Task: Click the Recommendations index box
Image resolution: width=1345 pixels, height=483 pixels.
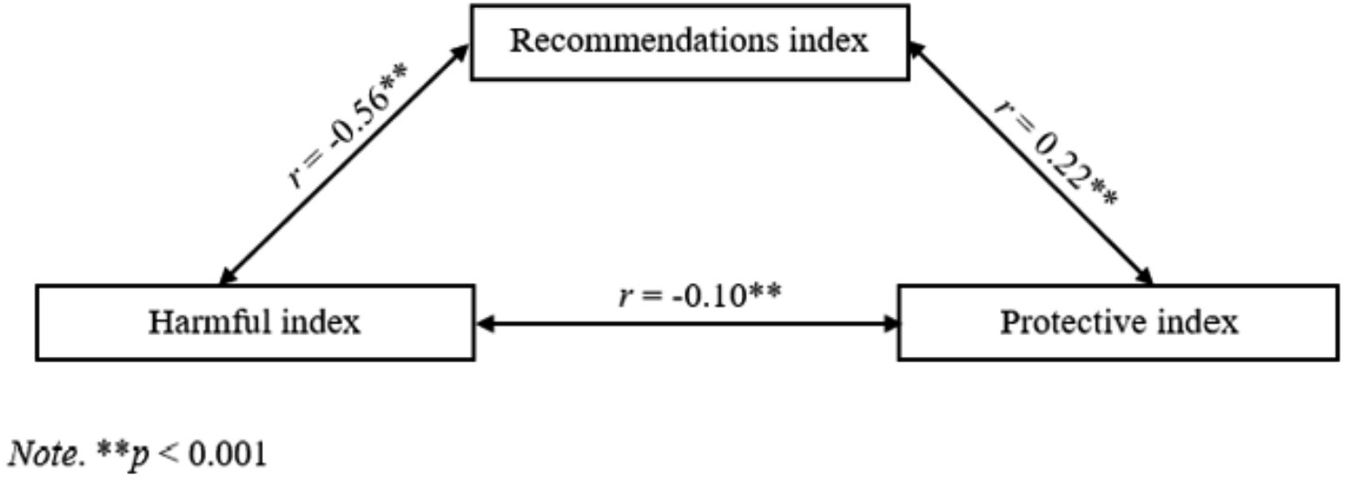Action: pos(690,42)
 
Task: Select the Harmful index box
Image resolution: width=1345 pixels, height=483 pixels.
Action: pos(256,323)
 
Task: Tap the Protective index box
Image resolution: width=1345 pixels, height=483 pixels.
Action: pos(1119,323)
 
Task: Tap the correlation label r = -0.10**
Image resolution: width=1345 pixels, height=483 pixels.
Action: pos(700,296)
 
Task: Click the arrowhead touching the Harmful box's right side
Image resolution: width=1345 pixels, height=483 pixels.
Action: pos(486,324)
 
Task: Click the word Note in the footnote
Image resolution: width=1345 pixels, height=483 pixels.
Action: pos(43,453)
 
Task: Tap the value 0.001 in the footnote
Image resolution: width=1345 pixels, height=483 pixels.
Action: pos(228,454)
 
